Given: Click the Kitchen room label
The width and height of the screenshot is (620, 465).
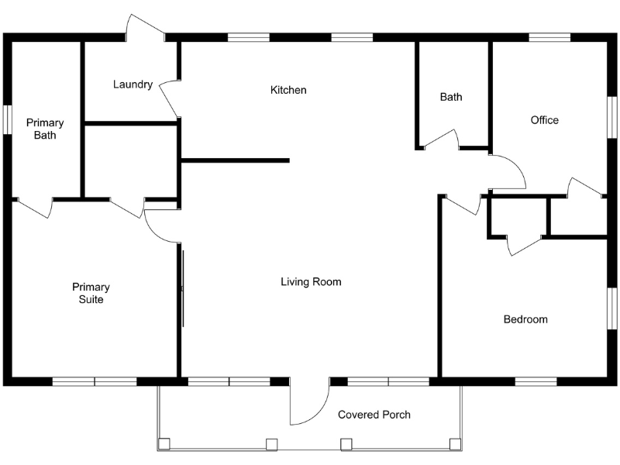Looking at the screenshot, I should (x=288, y=90).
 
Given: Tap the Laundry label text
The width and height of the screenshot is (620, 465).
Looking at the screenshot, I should (x=133, y=84).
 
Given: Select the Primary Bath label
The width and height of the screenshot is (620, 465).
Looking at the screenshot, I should (x=45, y=129).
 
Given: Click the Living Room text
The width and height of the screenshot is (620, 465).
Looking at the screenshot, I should (x=311, y=282).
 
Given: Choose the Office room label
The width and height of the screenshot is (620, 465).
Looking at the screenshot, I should (x=544, y=120).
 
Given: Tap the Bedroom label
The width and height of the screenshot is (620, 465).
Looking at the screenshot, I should (x=525, y=319).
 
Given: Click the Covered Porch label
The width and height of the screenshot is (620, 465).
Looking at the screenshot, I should (x=374, y=415).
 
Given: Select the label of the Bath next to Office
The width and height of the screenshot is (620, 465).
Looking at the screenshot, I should (x=451, y=97).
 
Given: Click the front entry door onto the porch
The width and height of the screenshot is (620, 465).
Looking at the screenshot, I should (x=310, y=403).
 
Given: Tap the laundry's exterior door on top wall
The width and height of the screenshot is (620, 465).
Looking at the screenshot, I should (x=146, y=27).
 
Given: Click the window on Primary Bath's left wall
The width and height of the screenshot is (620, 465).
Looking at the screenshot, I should (x=8, y=120).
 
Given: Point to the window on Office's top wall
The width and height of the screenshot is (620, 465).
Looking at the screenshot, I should (x=549, y=36).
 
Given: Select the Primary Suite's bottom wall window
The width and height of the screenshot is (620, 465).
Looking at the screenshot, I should (x=95, y=381).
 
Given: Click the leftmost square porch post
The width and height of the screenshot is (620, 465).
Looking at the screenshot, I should (x=164, y=444).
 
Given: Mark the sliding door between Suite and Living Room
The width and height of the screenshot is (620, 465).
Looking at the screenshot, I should (x=183, y=288).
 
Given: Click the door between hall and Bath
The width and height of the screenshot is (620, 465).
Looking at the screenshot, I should (x=440, y=139).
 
